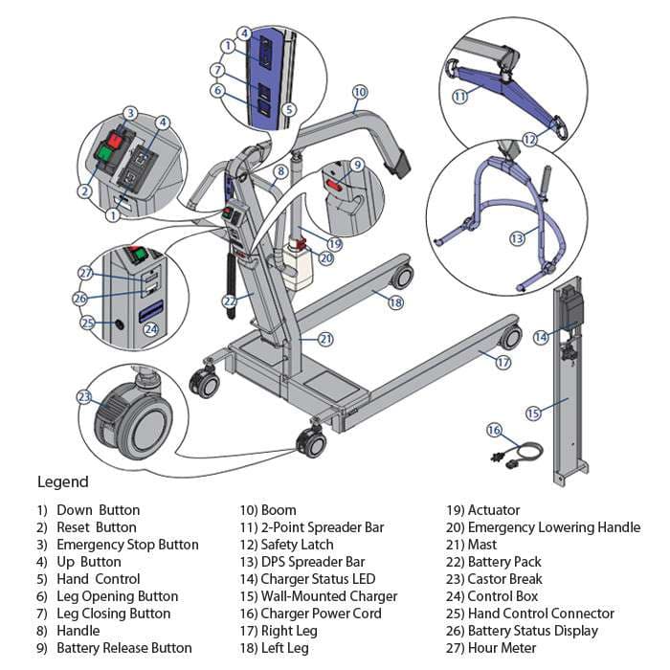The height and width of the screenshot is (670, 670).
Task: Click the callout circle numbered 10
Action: pyautogui.click(x=359, y=93)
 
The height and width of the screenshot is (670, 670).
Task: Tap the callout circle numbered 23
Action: pyautogui.click(x=85, y=396)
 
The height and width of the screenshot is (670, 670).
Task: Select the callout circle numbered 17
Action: pyautogui.click(x=503, y=363)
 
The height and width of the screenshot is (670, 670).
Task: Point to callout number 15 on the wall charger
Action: pyautogui.click(x=534, y=413)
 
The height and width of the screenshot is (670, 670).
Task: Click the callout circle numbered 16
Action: pyautogui.click(x=495, y=430)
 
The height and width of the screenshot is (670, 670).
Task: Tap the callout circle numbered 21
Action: pyautogui.click(x=325, y=339)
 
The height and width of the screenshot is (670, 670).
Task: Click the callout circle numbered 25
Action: pyautogui.click(x=88, y=324)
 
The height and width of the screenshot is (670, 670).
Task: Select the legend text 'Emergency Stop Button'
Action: pyautogui.click(x=127, y=545)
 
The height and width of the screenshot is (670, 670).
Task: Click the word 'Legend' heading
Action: pyautogui.click(x=63, y=481)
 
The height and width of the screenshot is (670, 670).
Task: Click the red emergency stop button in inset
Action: pyautogui.click(x=115, y=140)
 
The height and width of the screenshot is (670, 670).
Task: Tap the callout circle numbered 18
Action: pyautogui.click(x=395, y=301)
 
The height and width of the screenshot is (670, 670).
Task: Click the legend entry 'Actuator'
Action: pyautogui.click(x=495, y=510)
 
